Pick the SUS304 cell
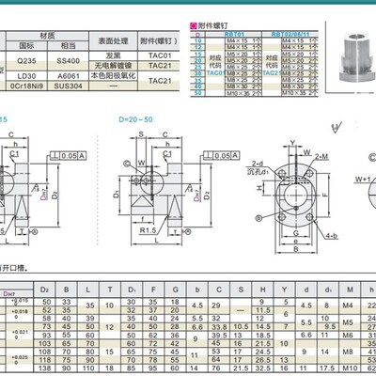(x=67, y=86)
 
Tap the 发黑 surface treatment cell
(x=112, y=55)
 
